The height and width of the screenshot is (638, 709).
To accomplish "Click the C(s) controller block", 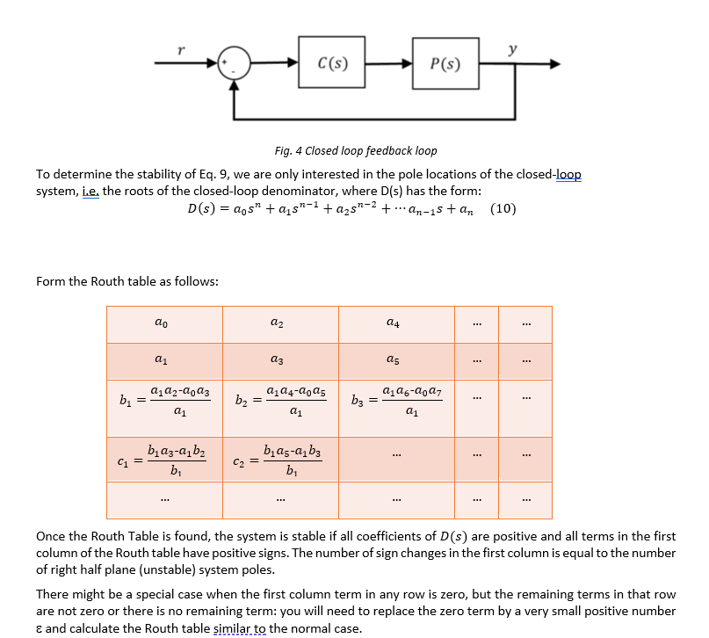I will [333, 63].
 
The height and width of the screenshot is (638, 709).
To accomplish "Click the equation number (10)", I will [503, 209].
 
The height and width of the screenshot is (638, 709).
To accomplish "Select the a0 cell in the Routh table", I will [163, 324].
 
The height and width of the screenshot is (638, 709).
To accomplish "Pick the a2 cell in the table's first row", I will [279, 324].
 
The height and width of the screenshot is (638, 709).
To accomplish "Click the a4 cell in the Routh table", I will [395, 324].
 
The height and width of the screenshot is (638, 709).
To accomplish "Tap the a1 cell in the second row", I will [163, 360].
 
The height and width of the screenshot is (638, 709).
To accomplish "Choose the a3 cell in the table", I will [279, 360].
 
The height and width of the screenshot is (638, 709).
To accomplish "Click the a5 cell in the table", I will [395, 360].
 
